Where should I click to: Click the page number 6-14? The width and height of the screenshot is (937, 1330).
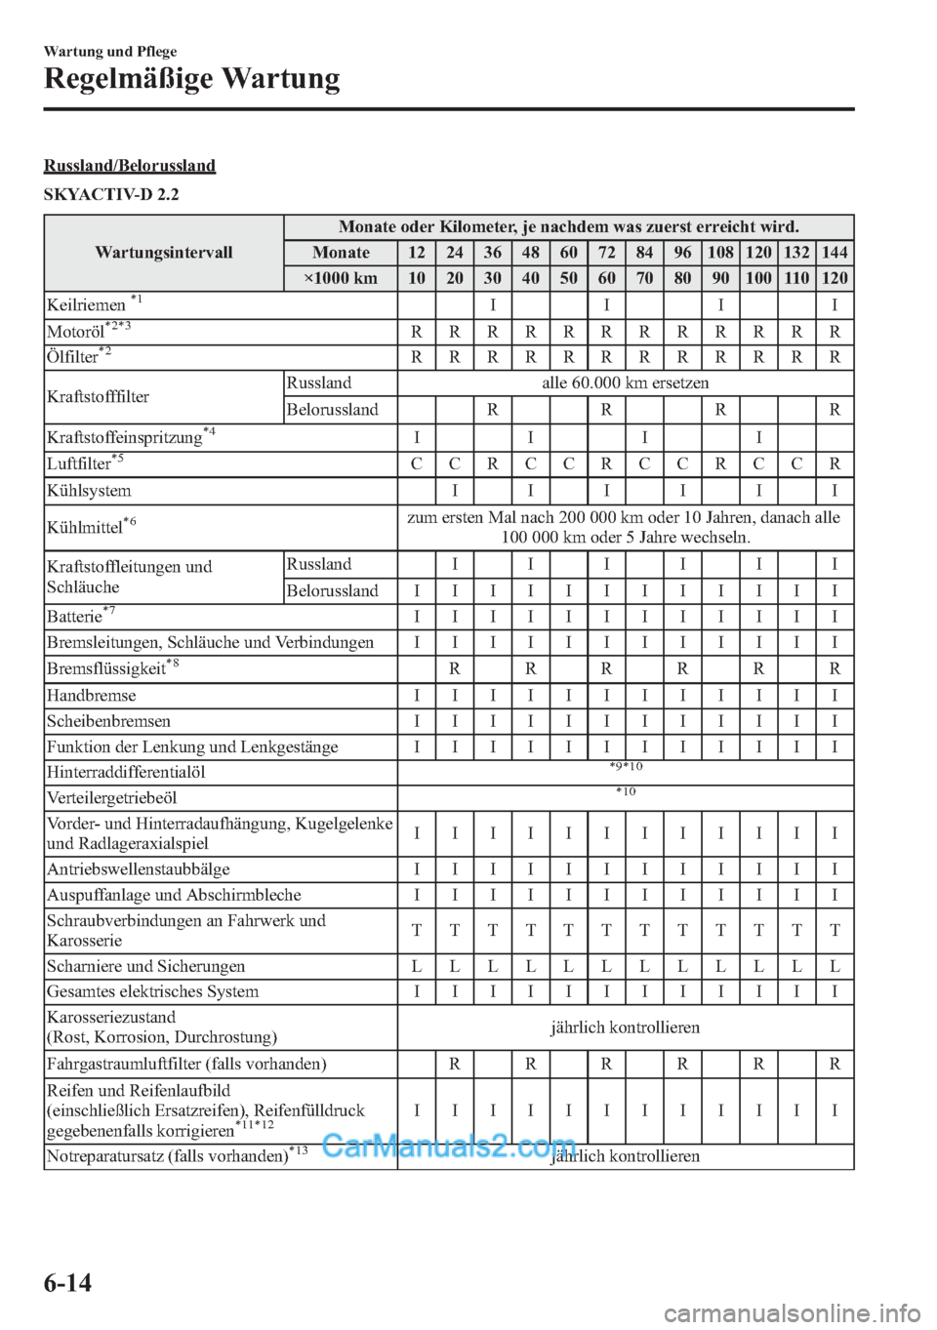point(67,1282)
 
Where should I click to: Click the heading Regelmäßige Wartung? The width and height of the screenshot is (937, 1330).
point(192,78)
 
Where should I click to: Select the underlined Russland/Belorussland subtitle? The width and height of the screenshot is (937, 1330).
point(130,165)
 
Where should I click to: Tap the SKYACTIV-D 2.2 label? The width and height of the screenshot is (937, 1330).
point(111,194)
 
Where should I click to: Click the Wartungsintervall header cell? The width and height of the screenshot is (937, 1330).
point(164,253)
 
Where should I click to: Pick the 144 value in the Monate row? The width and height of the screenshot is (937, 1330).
point(835,253)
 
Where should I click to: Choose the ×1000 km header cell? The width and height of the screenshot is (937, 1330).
point(340,278)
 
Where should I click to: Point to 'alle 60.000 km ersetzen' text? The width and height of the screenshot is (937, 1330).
point(625,383)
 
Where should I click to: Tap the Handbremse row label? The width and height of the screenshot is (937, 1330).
point(91,696)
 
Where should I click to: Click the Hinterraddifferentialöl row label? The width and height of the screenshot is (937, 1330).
point(126,772)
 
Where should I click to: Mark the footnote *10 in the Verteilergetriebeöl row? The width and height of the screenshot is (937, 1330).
point(625,791)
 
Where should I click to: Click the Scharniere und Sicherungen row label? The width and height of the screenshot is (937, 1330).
point(145,966)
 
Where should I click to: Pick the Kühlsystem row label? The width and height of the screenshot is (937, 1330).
point(89,491)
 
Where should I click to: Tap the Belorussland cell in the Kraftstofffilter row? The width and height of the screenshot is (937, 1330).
point(332,410)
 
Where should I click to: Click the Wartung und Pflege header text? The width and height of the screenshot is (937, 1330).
point(110,52)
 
